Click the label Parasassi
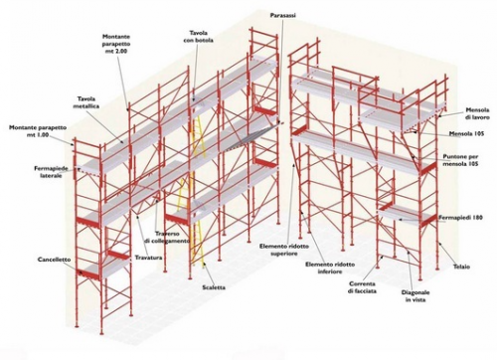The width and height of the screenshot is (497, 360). pyautogui.click(x=283, y=16)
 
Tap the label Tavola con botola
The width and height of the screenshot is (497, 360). pyautogui.click(x=199, y=37)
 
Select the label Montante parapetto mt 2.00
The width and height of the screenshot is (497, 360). pyautogui.click(x=116, y=44)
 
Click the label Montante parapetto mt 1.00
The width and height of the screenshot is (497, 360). pyautogui.click(x=38, y=131)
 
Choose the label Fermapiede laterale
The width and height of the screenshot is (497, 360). pyautogui.click(x=51, y=172)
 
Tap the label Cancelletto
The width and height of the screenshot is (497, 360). pyautogui.click(x=54, y=260)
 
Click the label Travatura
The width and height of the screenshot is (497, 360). pyautogui.click(x=148, y=258)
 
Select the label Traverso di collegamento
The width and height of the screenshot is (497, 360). pyautogui.click(x=167, y=238)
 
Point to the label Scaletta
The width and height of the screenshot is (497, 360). pyautogui.click(x=214, y=287)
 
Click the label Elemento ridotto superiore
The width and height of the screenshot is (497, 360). pyautogui.click(x=284, y=250)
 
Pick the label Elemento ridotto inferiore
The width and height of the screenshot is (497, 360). pyautogui.click(x=330, y=268)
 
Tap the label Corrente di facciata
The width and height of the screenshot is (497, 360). pyautogui.click(x=362, y=287)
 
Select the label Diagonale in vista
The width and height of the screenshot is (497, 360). pyautogui.click(x=415, y=296)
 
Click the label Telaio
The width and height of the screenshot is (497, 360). pyautogui.click(x=461, y=267)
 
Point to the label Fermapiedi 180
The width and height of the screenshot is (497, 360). pyautogui.click(x=460, y=218)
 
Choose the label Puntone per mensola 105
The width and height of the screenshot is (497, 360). pyautogui.click(x=460, y=160)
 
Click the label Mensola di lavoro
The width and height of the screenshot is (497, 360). pyautogui.click(x=477, y=113)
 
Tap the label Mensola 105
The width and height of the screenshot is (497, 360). pyautogui.click(x=466, y=133)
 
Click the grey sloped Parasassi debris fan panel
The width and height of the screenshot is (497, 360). pyautogui.click(x=252, y=136)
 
